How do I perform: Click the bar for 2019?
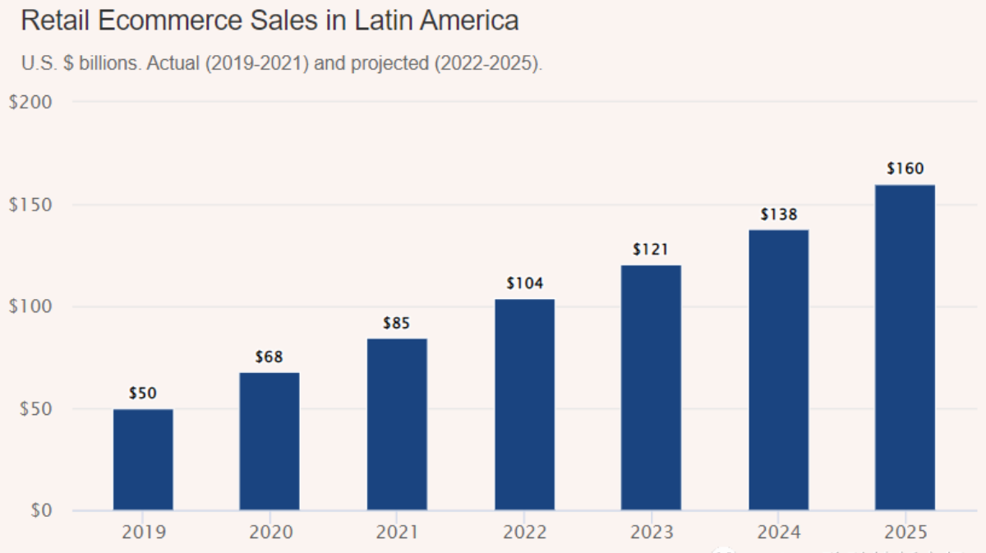[143, 459]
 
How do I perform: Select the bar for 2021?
[397, 424]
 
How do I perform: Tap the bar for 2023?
[651, 387]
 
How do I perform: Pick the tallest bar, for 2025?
[905, 347]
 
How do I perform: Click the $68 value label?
[270, 357]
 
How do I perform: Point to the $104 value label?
[524, 283]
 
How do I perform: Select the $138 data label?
[778, 214]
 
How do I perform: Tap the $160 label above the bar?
[905, 169]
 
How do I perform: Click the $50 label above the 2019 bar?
[143, 394]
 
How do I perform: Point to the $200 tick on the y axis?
[30, 103]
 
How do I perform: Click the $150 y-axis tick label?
[30, 205]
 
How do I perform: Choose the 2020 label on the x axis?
[270, 532]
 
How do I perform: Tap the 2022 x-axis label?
[524, 532]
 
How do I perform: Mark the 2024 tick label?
[778, 532]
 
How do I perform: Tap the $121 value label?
[651, 249]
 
